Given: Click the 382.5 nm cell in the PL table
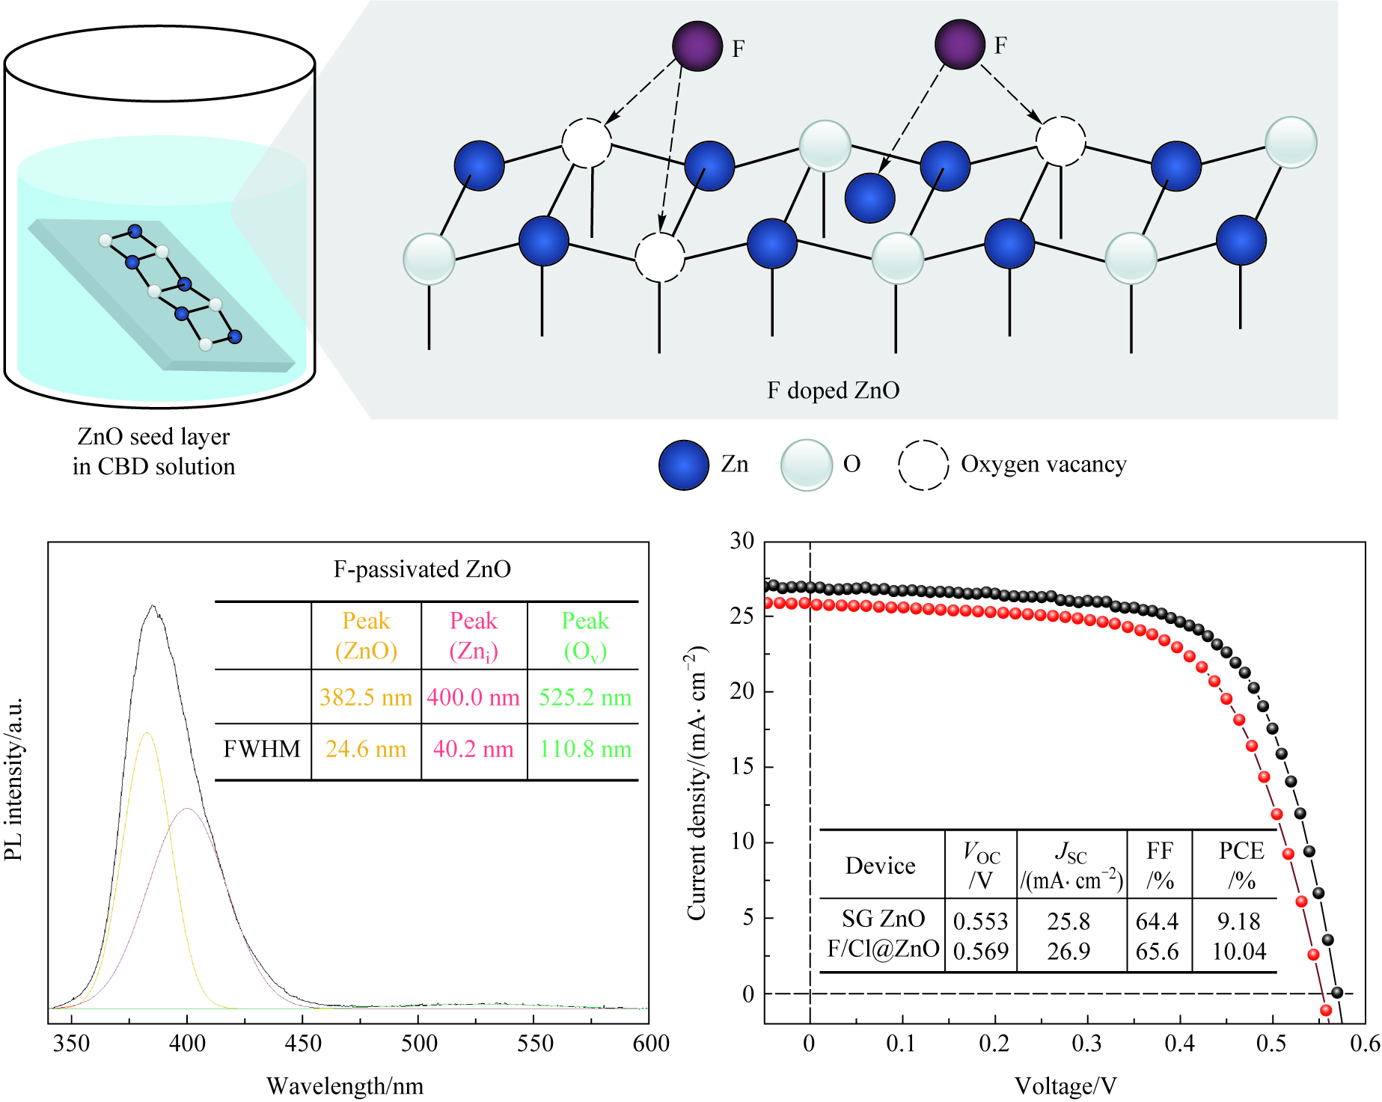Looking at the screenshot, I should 366,697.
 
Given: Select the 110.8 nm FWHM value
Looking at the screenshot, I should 585,749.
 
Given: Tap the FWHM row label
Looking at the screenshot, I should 262,749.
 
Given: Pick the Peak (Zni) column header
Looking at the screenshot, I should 474,635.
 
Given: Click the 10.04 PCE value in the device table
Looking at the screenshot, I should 1239,951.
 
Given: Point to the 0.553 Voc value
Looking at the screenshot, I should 981,921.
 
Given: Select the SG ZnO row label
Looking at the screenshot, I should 883,919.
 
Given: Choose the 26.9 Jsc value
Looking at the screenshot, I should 1068,951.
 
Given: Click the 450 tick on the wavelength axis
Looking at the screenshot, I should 303,1043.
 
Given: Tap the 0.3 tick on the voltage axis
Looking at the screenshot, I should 1086,1043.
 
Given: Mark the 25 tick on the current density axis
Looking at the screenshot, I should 743,616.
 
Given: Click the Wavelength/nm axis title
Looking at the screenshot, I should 345,1086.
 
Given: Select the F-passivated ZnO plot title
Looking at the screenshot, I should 422,569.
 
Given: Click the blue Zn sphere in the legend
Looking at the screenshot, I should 684,465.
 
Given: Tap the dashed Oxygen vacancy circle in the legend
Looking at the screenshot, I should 923,465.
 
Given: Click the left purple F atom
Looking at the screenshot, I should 697,46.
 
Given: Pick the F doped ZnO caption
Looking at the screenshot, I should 833,391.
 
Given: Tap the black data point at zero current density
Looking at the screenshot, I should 1337,993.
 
